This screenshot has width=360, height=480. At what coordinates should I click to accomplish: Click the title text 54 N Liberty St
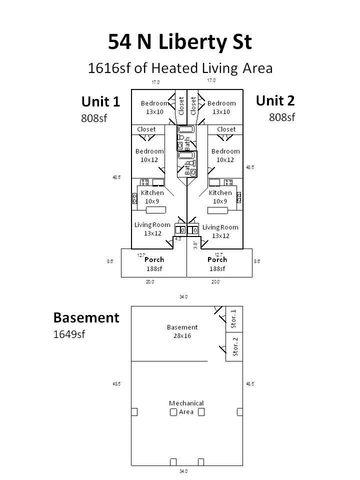tap(180, 41)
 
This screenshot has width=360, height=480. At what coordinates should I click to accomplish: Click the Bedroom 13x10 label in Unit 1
tap(154, 107)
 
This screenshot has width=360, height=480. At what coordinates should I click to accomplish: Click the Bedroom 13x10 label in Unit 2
tap(221, 107)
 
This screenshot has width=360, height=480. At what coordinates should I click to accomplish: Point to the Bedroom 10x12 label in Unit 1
tap(149, 155)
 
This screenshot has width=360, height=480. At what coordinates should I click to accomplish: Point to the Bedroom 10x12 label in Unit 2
tap(225, 155)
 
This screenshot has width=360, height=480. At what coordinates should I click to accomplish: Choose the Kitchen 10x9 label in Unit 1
tap(152, 196)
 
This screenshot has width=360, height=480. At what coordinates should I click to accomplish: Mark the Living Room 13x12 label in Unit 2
tap(220, 231)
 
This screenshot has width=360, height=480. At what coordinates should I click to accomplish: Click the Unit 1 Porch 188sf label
tap(153, 263)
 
